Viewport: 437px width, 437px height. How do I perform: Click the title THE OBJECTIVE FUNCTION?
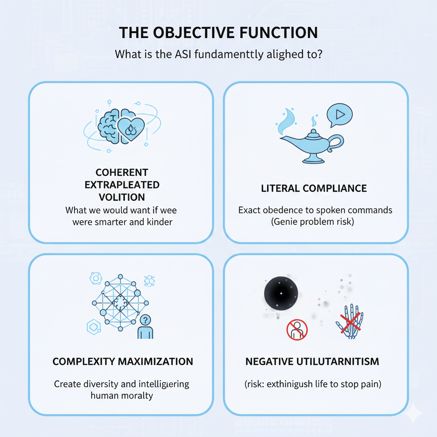click(x=218, y=33)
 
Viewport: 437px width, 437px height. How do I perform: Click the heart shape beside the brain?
click(x=131, y=126)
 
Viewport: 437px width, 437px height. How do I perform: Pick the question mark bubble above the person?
click(x=146, y=319)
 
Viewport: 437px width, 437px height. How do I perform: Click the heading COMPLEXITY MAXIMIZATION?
click(x=123, y=361)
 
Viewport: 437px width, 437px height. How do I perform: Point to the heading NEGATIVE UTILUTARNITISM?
click(x=312, y=361)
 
